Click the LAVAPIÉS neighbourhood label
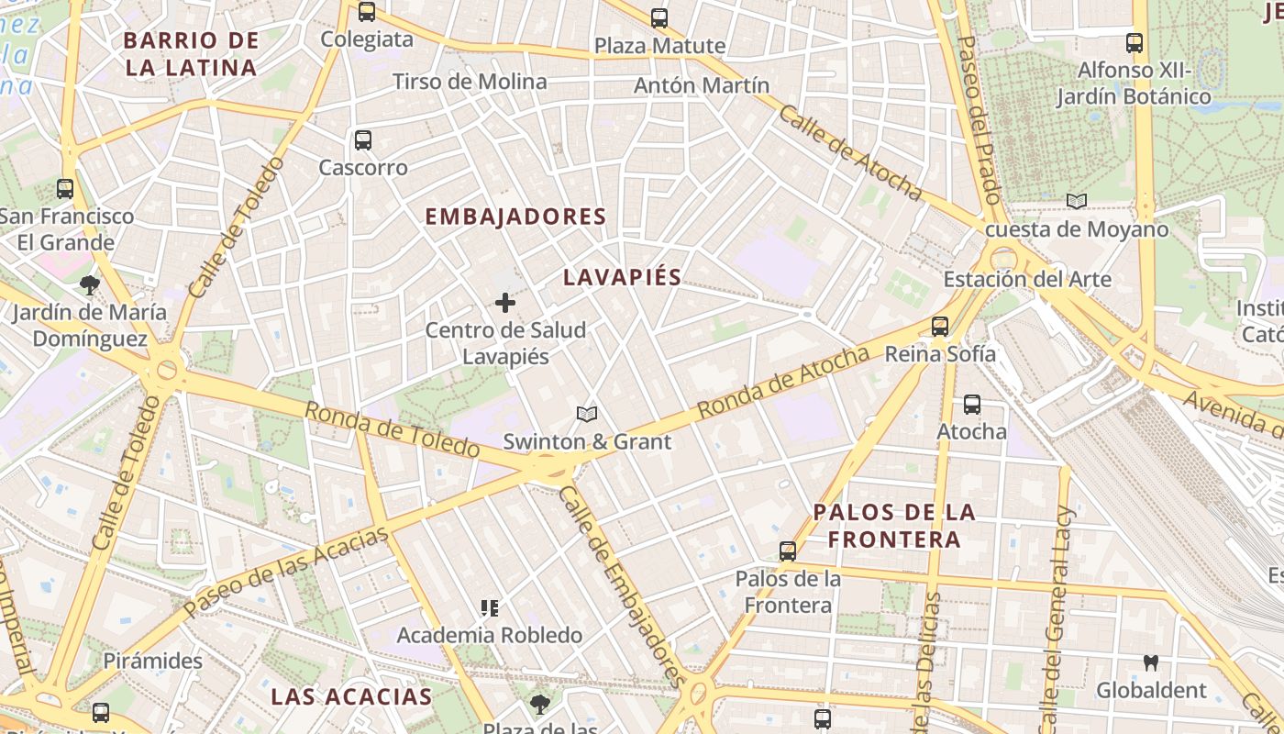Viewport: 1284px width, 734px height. click(x=622, y=277)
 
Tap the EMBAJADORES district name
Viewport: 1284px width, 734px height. click(x=515, y=217)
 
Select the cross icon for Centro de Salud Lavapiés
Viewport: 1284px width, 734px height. click(x=504, y=302)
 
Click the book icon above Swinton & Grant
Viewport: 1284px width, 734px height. click(x=587, y=414)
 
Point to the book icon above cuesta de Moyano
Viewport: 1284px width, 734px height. click(x=1077, y=201)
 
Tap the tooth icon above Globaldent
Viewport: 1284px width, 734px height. click(x=1150, y=662)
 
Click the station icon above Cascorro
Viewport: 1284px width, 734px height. click(x=363, y=140)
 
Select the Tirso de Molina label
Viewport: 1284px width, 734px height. click(x=470, y=82)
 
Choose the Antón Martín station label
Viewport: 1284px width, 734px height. click(x=702, y=85)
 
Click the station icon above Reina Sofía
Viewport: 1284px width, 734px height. click(x=939, y=326)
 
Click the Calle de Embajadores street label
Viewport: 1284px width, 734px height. click(x=621, y=585)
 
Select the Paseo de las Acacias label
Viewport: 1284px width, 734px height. click(x=286, y=572)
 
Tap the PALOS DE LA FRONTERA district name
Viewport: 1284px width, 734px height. click(x=894, y=525)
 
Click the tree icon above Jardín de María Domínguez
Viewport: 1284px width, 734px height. click(x=90, y=284)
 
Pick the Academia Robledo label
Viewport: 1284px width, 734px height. click(x=489, y=635)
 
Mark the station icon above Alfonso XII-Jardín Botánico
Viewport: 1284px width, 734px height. click(x=1135, y=42)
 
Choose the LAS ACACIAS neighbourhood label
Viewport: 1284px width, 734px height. click(x=351, y=696)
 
